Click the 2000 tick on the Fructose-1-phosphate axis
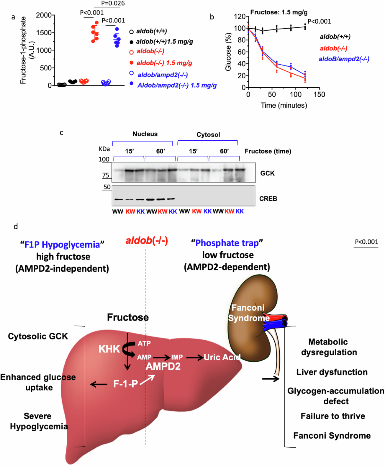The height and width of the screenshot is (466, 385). point(44,15)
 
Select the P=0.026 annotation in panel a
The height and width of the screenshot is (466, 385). point(113,4)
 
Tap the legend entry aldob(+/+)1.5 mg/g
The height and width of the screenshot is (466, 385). point(164,41)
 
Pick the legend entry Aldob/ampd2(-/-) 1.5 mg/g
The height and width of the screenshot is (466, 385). point(177,85)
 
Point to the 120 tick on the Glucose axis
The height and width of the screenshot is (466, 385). point(240,17)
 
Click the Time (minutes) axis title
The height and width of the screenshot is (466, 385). point(284,105)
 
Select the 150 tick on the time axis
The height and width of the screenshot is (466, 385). point(319,94)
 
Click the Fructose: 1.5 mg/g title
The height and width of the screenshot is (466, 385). point(279,12)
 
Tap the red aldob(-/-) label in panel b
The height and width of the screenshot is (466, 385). point(333,48)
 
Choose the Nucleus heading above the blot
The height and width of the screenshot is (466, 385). point(145,134)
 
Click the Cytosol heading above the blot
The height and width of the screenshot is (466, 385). point(208,135)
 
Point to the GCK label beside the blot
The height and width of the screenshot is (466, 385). point(267,173)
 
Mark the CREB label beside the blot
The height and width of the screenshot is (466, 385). point(268,198)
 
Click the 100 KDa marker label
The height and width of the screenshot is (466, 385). point(104,159)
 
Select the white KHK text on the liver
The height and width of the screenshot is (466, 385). point(109,349)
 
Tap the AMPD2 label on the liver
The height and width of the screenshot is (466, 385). point(163,366)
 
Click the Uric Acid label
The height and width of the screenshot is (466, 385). point(222,357)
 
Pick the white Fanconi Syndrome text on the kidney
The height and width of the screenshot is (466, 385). point(248,313)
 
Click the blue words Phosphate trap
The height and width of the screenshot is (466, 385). point(227,243)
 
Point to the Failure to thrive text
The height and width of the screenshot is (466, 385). point(333,416)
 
